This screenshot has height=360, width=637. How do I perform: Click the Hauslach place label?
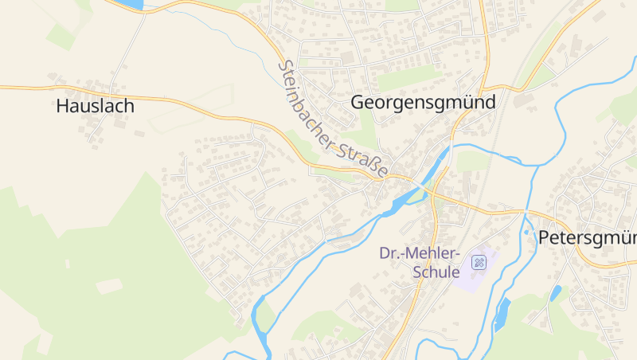(95, 106)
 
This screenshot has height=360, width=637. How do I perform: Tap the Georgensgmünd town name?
(423, 103)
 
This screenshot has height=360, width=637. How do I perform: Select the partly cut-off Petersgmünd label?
(588, 237)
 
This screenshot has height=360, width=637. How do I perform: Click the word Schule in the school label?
(436, 272)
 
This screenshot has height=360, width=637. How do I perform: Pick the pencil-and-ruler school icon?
(479, 262)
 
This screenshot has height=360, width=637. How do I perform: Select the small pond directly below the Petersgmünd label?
(555, 293)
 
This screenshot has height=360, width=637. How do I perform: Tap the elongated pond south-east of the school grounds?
(502, 314)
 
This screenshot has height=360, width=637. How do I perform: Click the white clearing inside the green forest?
(108, 285)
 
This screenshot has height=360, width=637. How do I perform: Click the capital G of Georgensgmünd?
(358, 103)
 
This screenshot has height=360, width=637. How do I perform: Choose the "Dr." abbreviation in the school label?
(389, 254)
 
